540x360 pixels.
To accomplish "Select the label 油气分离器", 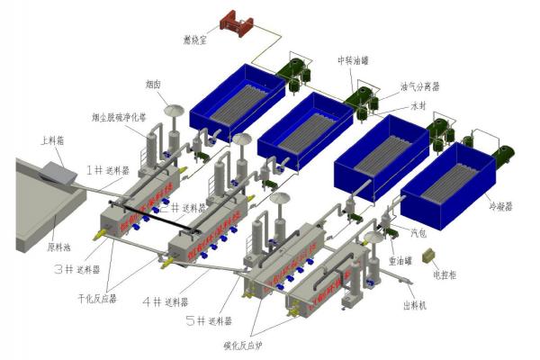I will [x=420, y=87].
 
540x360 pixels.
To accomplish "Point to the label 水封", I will [x=418, y=104].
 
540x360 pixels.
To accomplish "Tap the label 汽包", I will [x=418, y=232].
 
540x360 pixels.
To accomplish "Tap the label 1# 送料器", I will [x=106, y=168].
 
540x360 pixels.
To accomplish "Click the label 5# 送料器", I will [x=209, y=320].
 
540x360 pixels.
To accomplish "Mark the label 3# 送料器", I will [x=76, y=268].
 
